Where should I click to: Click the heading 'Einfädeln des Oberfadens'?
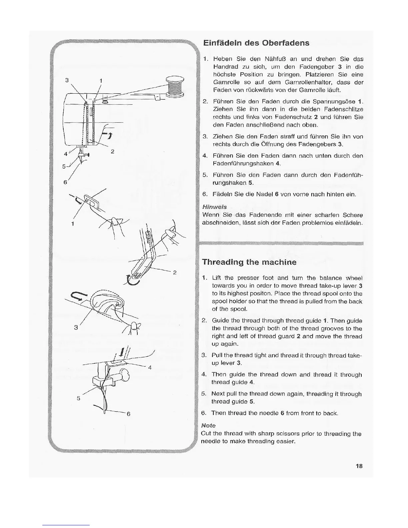[256, 43]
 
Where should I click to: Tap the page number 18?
[359, 466]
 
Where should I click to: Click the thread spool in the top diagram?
[175, 86]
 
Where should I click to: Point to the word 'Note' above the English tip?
[209, 426]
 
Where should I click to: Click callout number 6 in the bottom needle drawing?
[128, 414]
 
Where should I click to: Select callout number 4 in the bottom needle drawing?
[150, 368]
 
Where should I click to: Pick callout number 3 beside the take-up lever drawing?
[76, 327]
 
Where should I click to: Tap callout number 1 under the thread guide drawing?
[72, 223]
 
